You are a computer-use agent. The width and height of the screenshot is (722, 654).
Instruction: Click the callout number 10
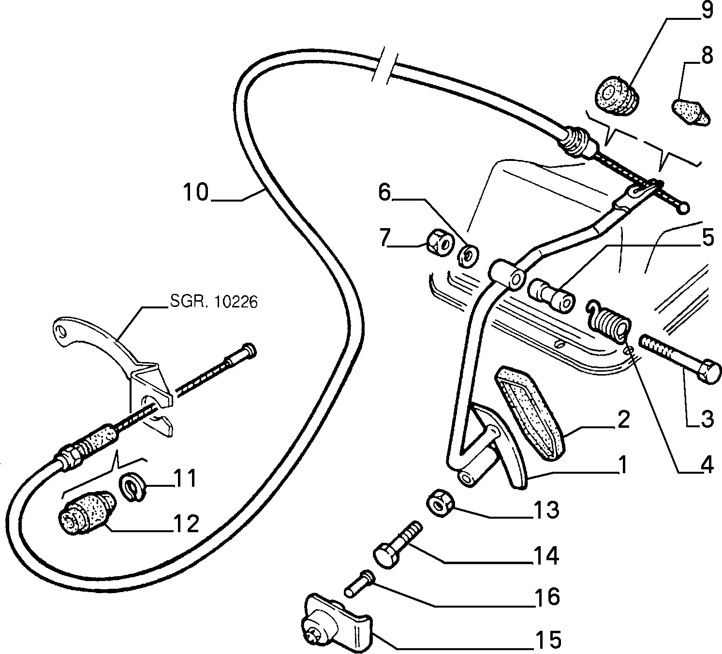pyautogui.click(x=196, y=192)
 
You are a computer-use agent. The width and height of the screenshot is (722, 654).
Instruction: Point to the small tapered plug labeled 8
pyautogui.click(x=691, y=113)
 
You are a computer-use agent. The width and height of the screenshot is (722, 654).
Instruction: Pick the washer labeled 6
pyautogui.click(x=468, y=256)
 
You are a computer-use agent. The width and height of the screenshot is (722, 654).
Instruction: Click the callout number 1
pyautogui.click(x=622, y=465)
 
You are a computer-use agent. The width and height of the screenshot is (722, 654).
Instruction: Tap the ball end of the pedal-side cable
pyautogui.click(x=683, y=208)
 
